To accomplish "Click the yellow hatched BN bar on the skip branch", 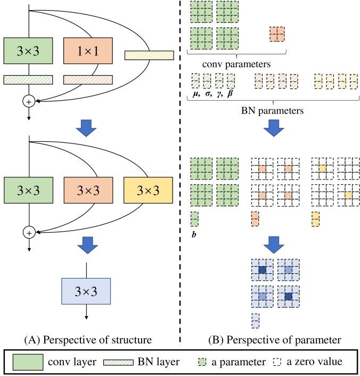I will pos(149,55).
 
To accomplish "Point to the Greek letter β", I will pos(231,94).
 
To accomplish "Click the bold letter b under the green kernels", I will pos(194,233).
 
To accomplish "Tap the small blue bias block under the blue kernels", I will pos(256,320).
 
